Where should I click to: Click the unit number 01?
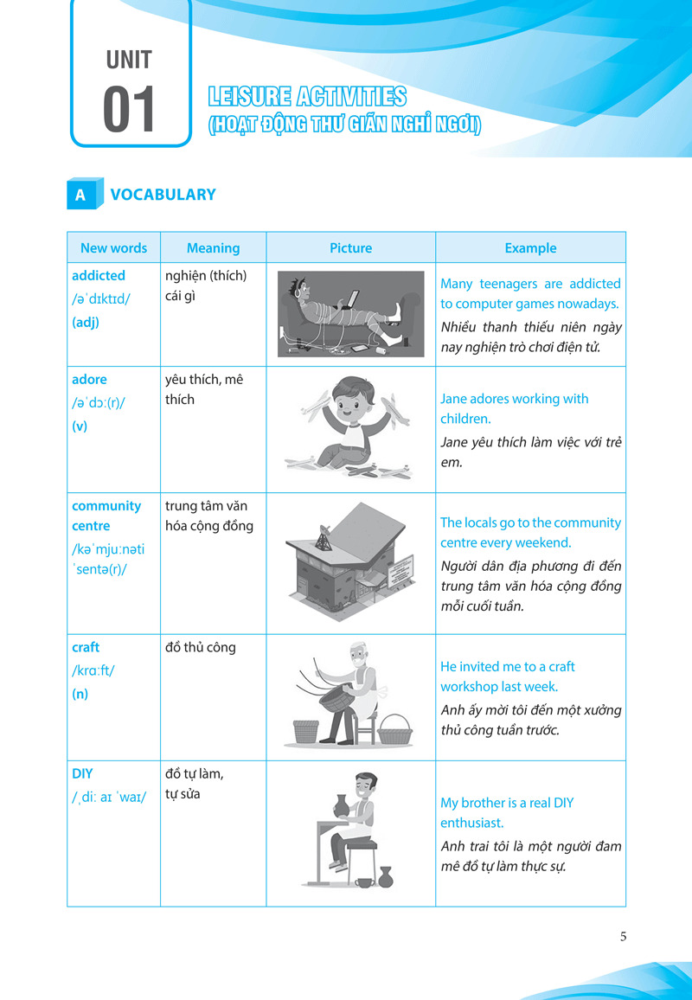[x=130, y=110]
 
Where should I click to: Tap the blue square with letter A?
[x=80, y=195]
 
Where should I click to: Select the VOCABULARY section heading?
[x=163, y=195]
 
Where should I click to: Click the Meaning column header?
[x=213, y=248]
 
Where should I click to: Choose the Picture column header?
[x=350, y=248]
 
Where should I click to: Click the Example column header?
[x=530, y=248]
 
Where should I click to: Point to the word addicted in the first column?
[x=99, y=276]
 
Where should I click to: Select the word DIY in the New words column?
[x=82, y=774]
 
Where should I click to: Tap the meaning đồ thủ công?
[x=200, y=647]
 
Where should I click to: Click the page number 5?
[x=624, y=936]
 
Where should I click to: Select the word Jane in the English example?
[x=455, y=399]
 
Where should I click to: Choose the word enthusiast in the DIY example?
[x=471, y=823]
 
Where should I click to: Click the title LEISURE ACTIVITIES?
[x=307, y=97]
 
